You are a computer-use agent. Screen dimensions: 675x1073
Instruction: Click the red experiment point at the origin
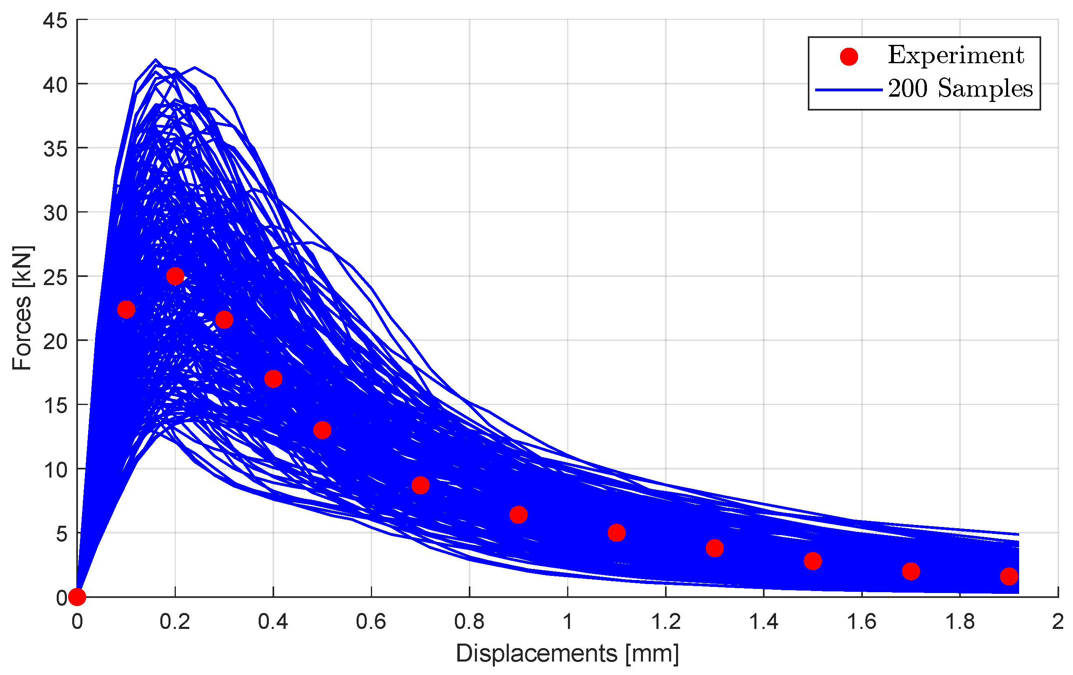[x=77, y=597]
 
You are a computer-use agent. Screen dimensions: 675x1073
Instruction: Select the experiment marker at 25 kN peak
[x=175, y=276]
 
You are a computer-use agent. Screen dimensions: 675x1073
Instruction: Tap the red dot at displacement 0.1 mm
[x=126, y=309]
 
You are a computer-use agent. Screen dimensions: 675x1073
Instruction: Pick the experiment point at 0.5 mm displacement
[x=322, y=430]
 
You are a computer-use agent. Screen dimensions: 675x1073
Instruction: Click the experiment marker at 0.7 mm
[x=420, y=485]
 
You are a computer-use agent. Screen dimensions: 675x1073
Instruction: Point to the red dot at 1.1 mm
[x=616, y=532]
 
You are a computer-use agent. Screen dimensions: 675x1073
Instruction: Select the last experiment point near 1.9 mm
[x=1009, y=576]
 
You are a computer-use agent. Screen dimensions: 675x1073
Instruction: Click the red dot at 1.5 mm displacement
[x=813, y=561]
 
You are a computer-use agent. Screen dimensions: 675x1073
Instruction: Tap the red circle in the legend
[x=849, y=57]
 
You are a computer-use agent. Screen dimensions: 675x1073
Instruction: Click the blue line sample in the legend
[x=849, y=90]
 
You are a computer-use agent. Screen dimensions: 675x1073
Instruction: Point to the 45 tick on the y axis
[x=55, y=20]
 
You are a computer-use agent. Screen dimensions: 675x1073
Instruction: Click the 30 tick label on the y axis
[x=55, y=213]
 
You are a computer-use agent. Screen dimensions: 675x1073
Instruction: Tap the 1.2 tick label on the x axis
[x=666, y=622]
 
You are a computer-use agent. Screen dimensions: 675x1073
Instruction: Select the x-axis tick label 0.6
[x=371, y=622]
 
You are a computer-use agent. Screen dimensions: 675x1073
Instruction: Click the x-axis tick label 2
[x=1058, y=622]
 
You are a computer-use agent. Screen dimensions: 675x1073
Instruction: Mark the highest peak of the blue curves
[x=155, y=59]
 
